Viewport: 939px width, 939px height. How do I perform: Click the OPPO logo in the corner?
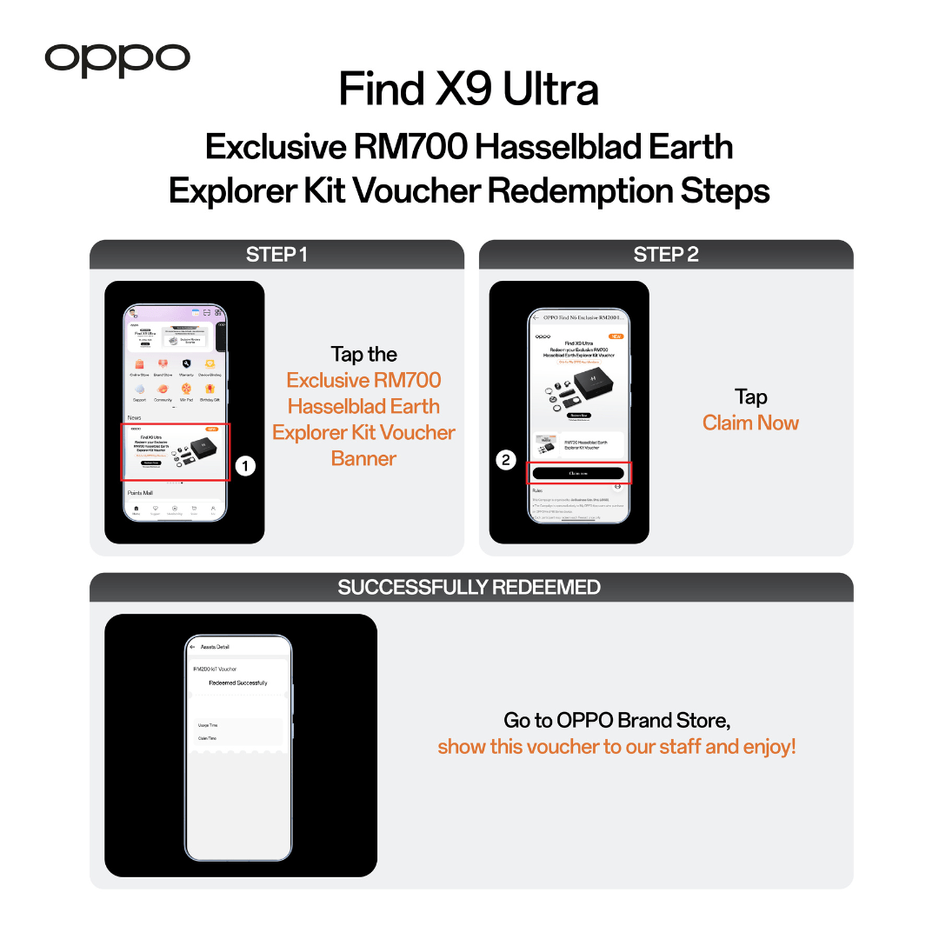pyautogui.click(x=117, y=58)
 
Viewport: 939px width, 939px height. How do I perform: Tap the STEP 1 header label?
pyautogui.click(x=276, y=255)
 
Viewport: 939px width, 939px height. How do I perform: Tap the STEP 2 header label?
pyautogui.click(x=666, y=255)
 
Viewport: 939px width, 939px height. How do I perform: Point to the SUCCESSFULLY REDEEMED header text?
pyautogui.click(x=469, y=587)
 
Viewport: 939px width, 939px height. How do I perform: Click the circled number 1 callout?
pyautogui.click(x=246, y=467)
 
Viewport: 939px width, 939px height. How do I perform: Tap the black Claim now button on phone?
pyautogui.click(x=578, y=474)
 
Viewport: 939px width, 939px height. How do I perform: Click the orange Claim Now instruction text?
pyautogui.click(x=751, y=423)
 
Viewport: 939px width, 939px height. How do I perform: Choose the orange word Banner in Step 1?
pyautogui.click(x=363, y=458)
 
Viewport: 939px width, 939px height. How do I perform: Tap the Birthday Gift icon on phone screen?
pyautogui.click(x=210, y=390)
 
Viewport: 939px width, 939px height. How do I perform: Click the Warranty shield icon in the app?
pyautogui.click(x=186, y=364)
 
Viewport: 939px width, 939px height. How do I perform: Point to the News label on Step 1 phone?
pyautogui.click(x=134, y=418)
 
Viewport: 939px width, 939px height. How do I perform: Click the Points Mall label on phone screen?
pyautogui.click(x=140, y=493)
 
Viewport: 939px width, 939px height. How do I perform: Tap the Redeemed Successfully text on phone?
pyautogui.click(x=238, y=683)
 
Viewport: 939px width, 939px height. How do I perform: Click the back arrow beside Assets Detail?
pyautogui.click(x=192, y=647)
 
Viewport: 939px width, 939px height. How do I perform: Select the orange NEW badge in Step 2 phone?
pyautogui.click(x=616, y=336)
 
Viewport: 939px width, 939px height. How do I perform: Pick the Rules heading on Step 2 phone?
pyautogui.click(x=537, y=490)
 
